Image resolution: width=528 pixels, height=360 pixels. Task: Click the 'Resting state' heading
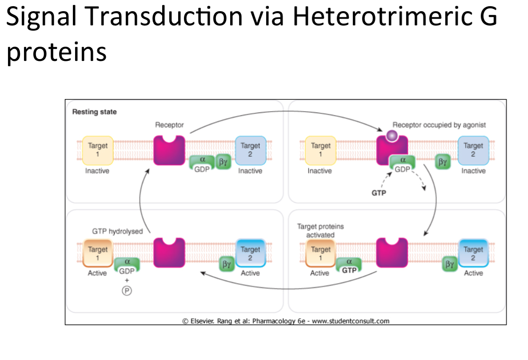(94, 112)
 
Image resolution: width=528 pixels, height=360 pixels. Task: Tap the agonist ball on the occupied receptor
(392, 135)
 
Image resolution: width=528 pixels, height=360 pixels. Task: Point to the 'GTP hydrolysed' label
(117, 231)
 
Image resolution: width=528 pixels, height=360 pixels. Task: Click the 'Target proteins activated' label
(320, 230)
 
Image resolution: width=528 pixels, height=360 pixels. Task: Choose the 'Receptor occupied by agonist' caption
(439, 125)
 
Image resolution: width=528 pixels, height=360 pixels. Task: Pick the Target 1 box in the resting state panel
(97, 149)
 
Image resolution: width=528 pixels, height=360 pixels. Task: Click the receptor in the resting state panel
(169, 150)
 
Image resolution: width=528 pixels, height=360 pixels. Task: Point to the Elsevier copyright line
(286, 320)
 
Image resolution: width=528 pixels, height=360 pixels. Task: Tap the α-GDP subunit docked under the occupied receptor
(403, 164)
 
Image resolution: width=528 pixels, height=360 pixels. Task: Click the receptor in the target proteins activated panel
(392, 252)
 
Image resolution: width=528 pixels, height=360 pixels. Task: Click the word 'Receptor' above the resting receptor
(169, 125)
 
